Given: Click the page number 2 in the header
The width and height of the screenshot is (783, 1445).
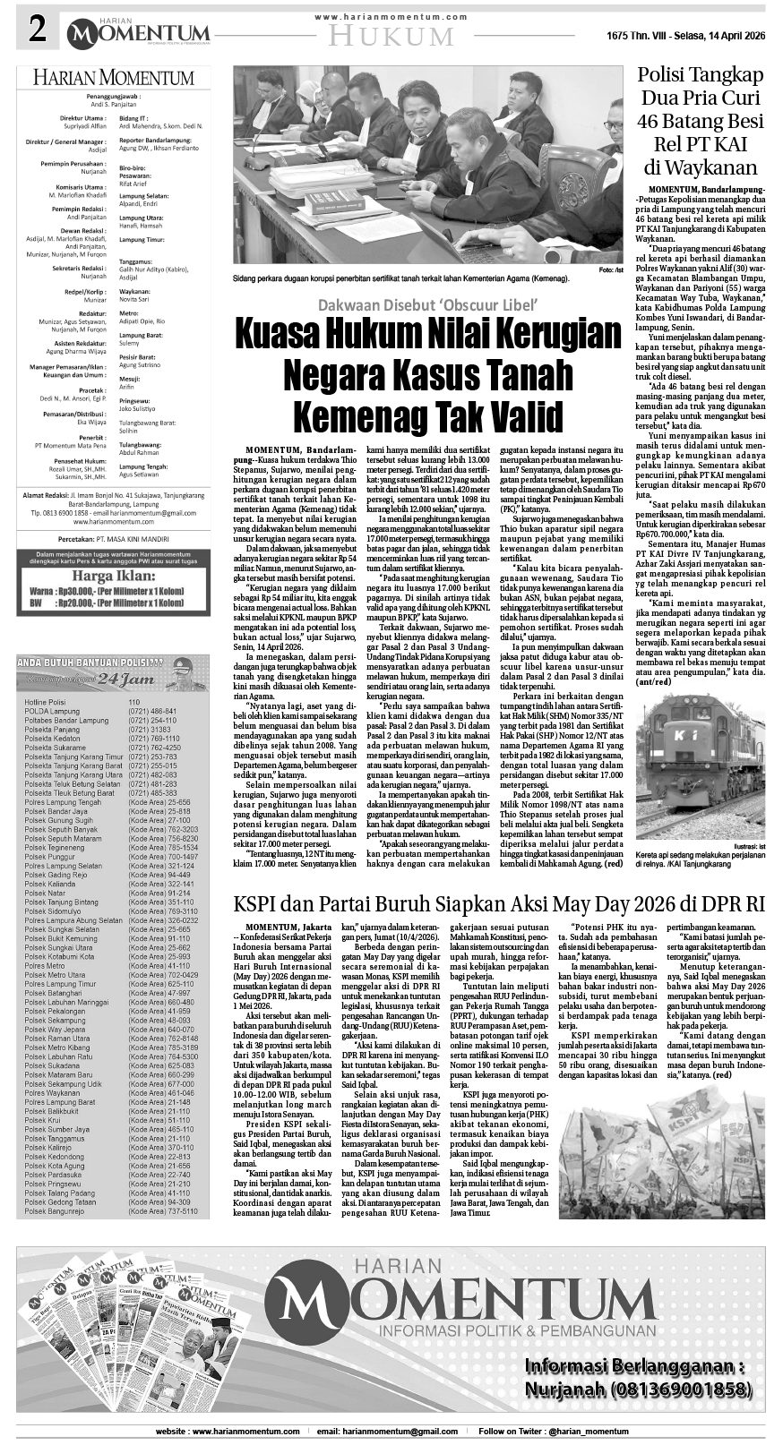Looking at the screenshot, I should tap(38, 31).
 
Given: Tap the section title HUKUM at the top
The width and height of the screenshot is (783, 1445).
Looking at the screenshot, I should tap(391, 36).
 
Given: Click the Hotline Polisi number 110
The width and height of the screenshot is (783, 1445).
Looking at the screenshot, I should tap(134, 702).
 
